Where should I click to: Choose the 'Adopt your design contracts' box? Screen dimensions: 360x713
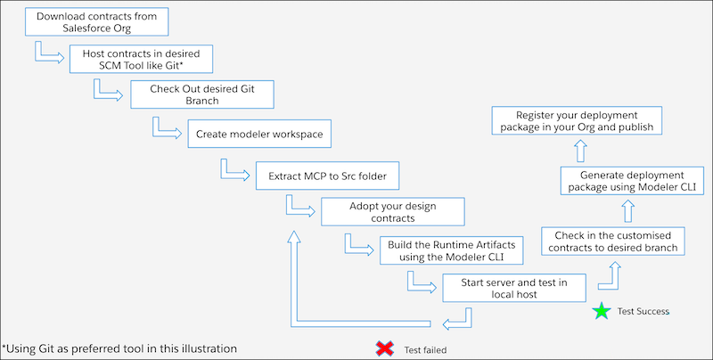click(393, 211)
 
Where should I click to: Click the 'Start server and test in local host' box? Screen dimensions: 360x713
click(514, 288)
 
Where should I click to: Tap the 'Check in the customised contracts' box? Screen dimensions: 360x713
click(611, 241)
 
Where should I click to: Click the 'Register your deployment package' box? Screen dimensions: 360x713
click(585, 121)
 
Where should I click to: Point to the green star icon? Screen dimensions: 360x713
click(602, 311)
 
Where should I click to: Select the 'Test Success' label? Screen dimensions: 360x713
click(643, 312)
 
